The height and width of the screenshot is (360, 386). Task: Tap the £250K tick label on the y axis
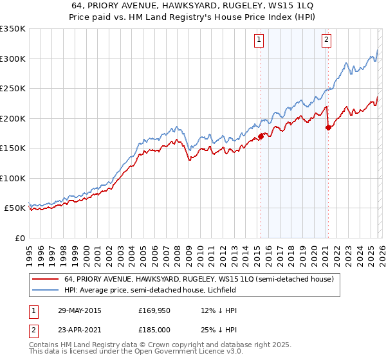pyautogui.click(x=13, y=88)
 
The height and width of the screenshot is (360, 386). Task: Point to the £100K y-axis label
pyautogui.click(x=13, y=178)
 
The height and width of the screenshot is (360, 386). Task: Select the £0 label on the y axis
pyautogui.click(x=19, y=238)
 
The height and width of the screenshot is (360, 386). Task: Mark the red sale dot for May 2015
pyautogui.click(x=262, y=136)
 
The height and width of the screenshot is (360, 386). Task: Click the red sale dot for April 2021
pyautogui.click(x=329, y=127)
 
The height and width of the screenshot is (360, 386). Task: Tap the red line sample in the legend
pyautogui.click(x=45, y=279)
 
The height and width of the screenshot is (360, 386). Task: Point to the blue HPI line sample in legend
pyautogui.click(x=45, y=291)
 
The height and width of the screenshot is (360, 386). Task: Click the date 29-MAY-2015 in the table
pyautogui.click(x=79, y=310)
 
